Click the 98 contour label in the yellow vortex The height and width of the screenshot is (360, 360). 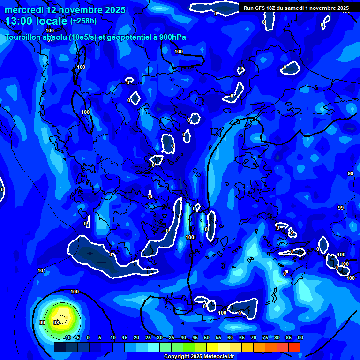pos(56,322)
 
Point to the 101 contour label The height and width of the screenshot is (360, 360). pos(42,270)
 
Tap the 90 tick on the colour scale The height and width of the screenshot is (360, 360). pos(300,337)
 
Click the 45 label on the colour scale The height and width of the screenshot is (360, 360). pos(195,337)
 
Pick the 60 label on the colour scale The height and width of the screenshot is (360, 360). pos(230,337)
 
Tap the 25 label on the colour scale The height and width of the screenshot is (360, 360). pos(148,337)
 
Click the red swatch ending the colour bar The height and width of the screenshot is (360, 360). pos(294,347)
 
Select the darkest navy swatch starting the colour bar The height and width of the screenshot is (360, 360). pos(60,347)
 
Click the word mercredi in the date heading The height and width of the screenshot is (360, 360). pos(23,9)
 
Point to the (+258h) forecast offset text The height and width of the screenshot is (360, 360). pos(83,21)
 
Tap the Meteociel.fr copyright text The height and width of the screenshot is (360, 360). pos(199,357)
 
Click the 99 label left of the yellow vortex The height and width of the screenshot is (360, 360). pos(42,322)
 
